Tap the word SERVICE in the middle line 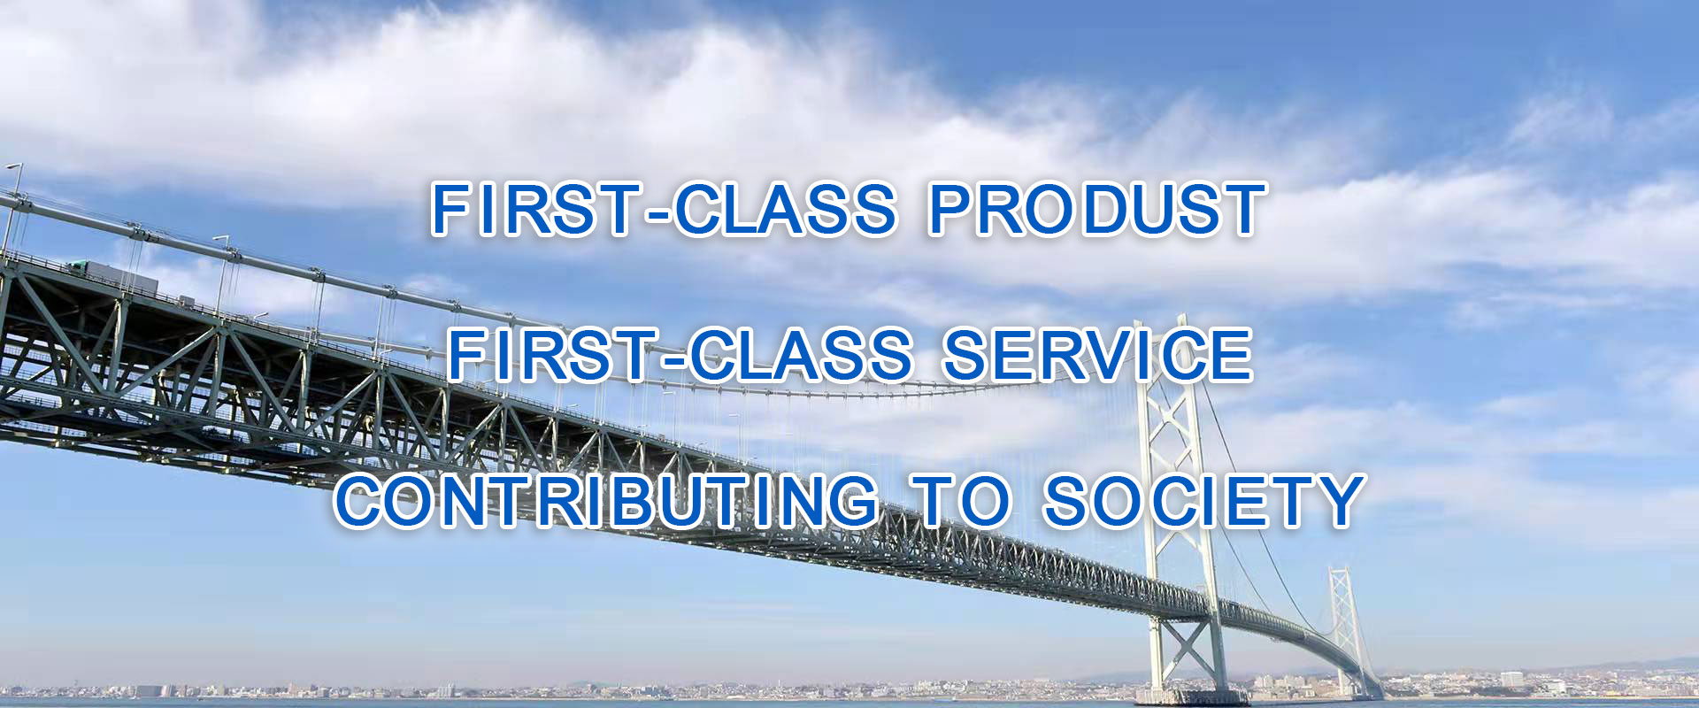1097,355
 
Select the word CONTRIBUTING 608,501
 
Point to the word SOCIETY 1204,501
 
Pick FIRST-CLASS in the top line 664,210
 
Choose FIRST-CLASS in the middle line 680,355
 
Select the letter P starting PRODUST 950,210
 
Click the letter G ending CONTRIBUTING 852,501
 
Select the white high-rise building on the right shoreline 1511,680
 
